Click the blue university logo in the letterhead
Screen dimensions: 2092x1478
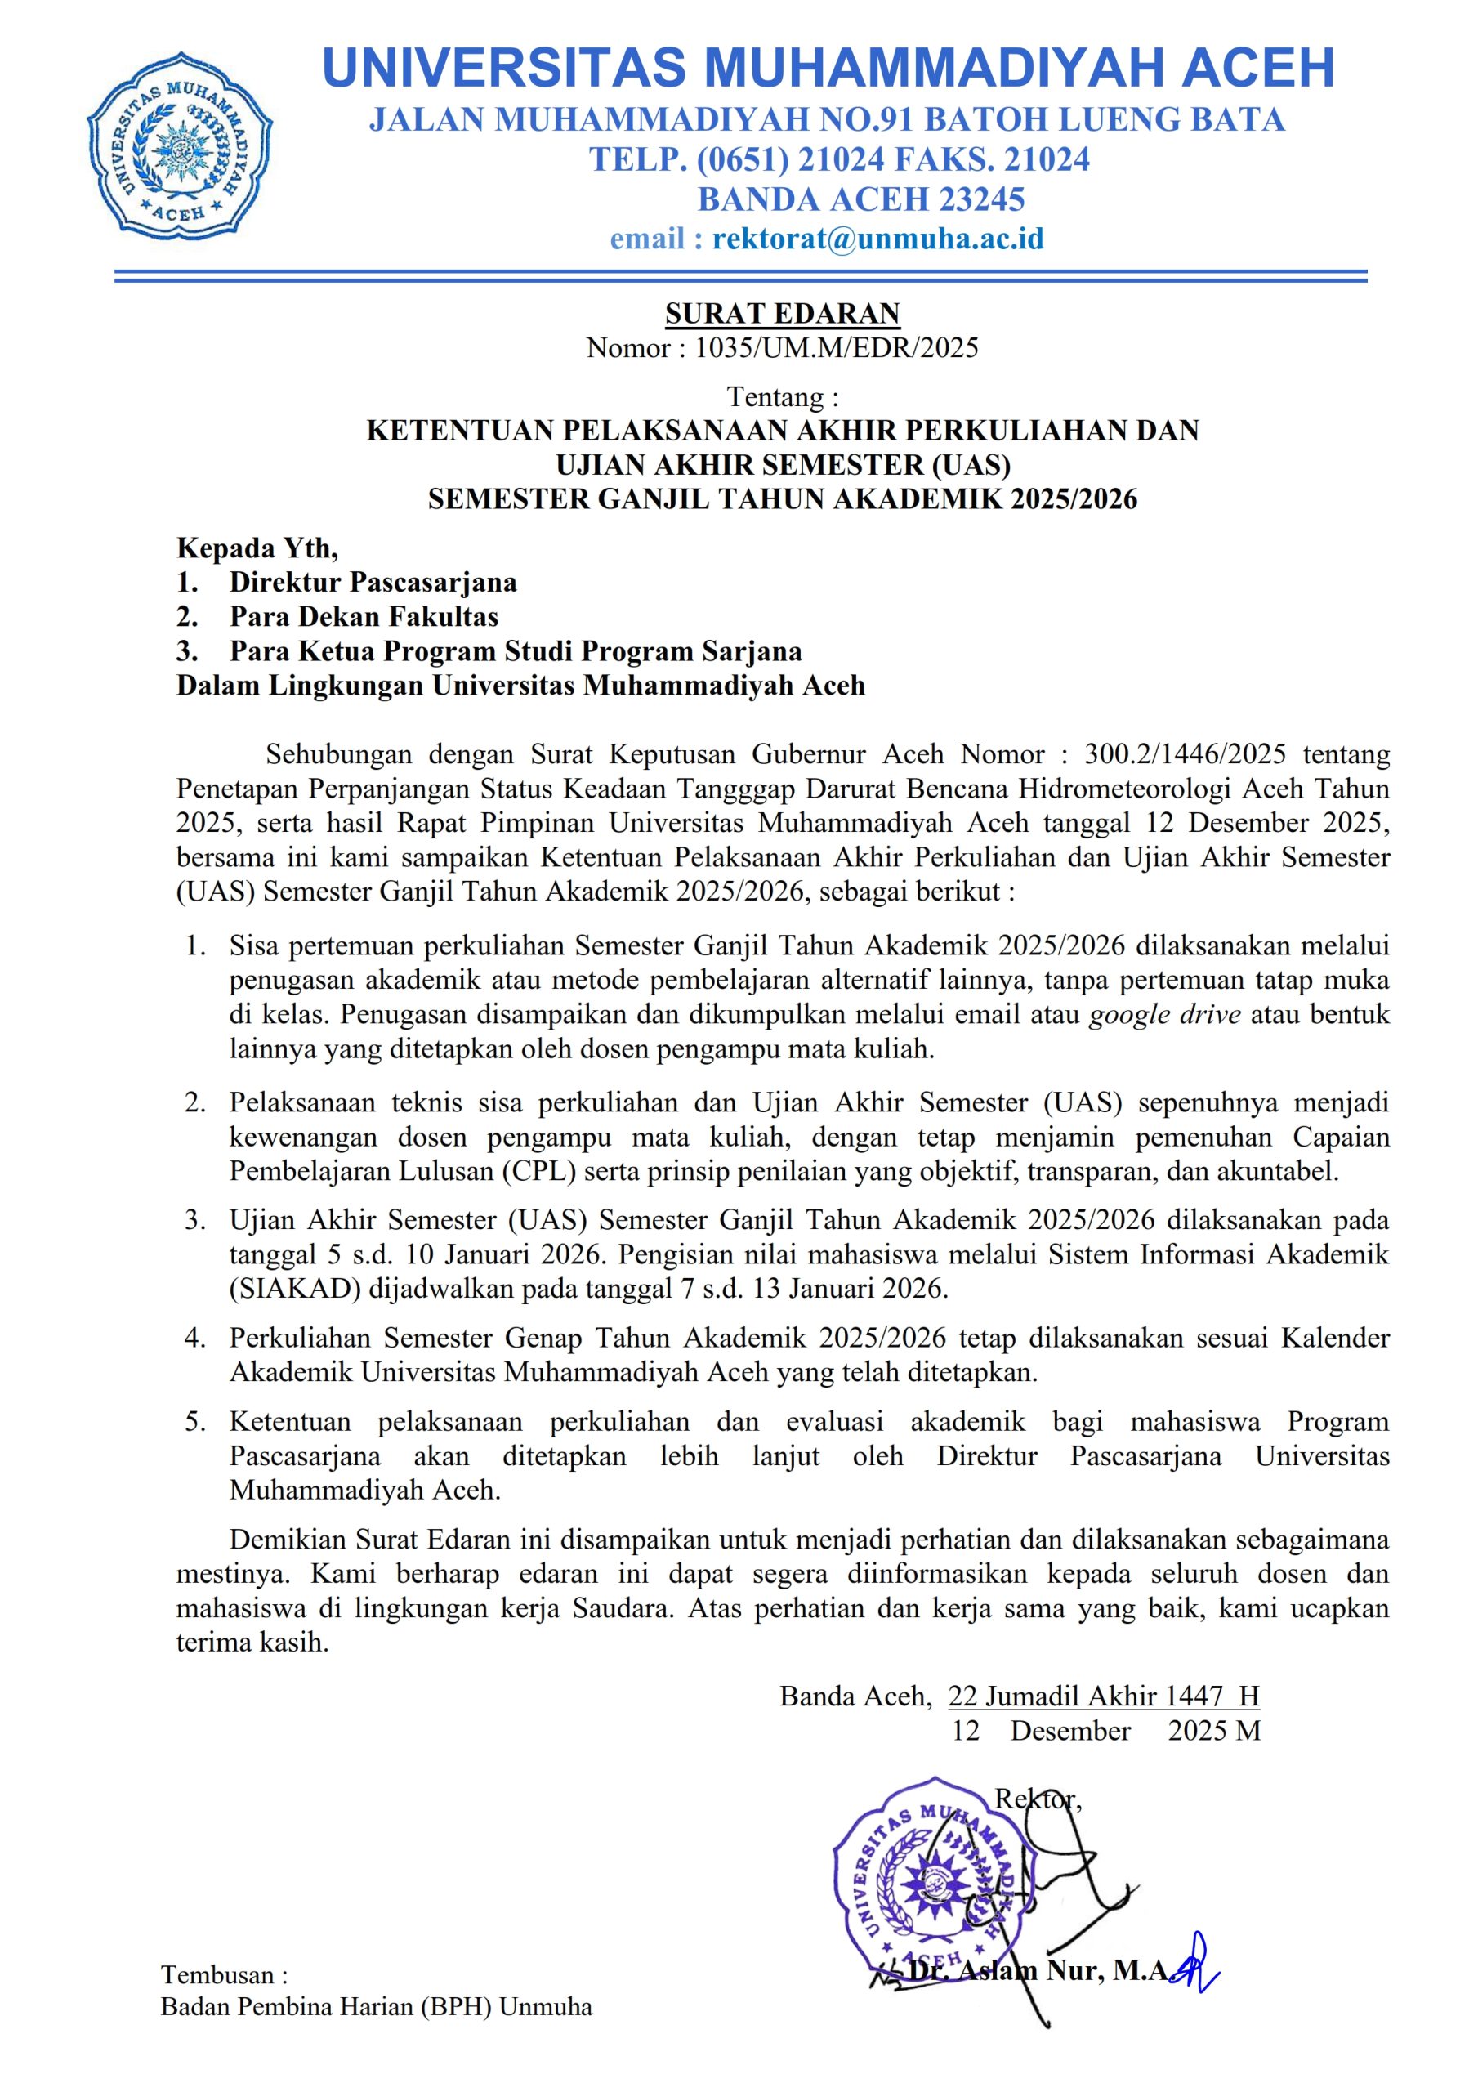pyautogui.click(x=180, y=145)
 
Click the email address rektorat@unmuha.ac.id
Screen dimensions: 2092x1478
pyautogui.click(x=877, y=239)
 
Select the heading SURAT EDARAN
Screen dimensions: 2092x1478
pyautogui.click(x=782, y=314)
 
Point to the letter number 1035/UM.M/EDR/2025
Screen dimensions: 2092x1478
pyautogui.click(x=837, y=347)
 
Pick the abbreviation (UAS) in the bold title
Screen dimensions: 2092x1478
pyautogui.click(x=971, y=465)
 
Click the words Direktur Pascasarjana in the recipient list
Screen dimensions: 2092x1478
pyautogui.click(x=373, y=581)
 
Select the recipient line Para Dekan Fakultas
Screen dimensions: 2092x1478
pyautogui.click(x=364, y=616)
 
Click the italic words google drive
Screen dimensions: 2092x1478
pyautogui.click(x=1164, y=1014)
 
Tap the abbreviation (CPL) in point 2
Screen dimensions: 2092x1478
pyautogui.click(x=539, y=1171)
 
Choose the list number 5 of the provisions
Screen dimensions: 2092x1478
pyautogui.click(x=194, y=1421)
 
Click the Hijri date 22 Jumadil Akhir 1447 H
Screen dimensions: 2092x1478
pyautogui.click(x=1103, y=1696)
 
